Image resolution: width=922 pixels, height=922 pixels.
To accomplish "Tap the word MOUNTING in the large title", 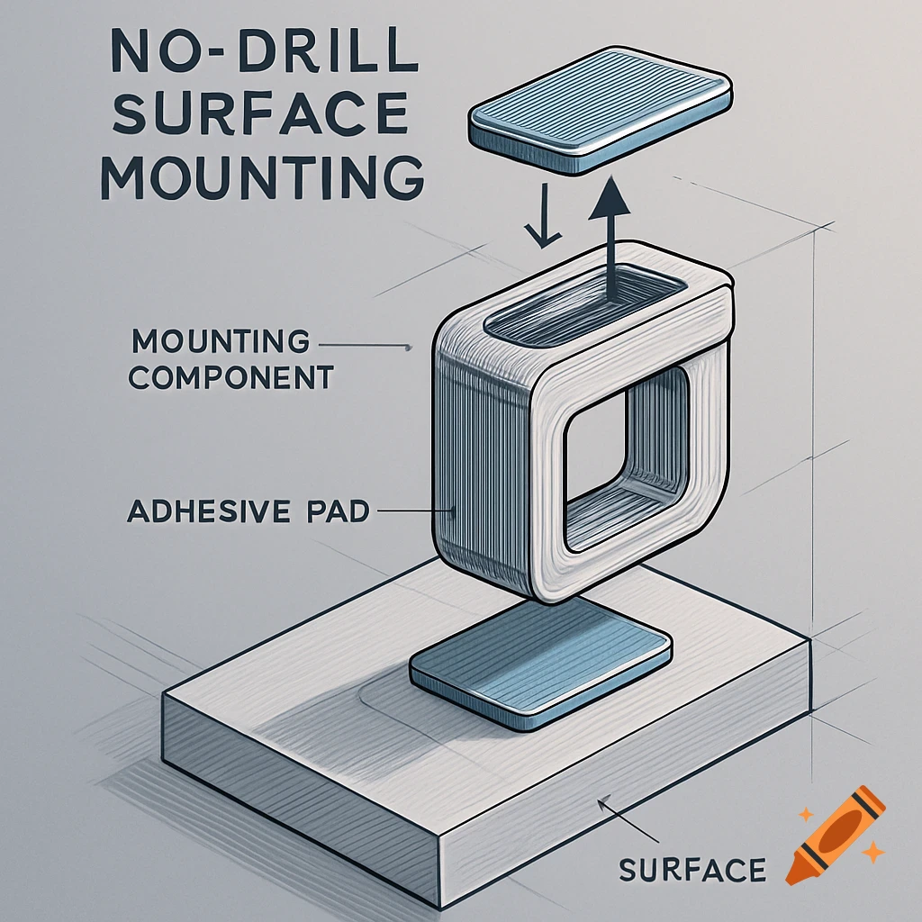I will pyautogui.click(x=262, y=178).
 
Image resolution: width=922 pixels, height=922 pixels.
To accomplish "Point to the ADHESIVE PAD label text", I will pyautogui.click(x=248, y=511).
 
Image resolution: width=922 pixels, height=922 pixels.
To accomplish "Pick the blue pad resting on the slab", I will pyautogui.click(x=541, y=669).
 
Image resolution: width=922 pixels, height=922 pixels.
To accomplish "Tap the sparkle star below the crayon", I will pyautogui.click(x=872, y=852).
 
